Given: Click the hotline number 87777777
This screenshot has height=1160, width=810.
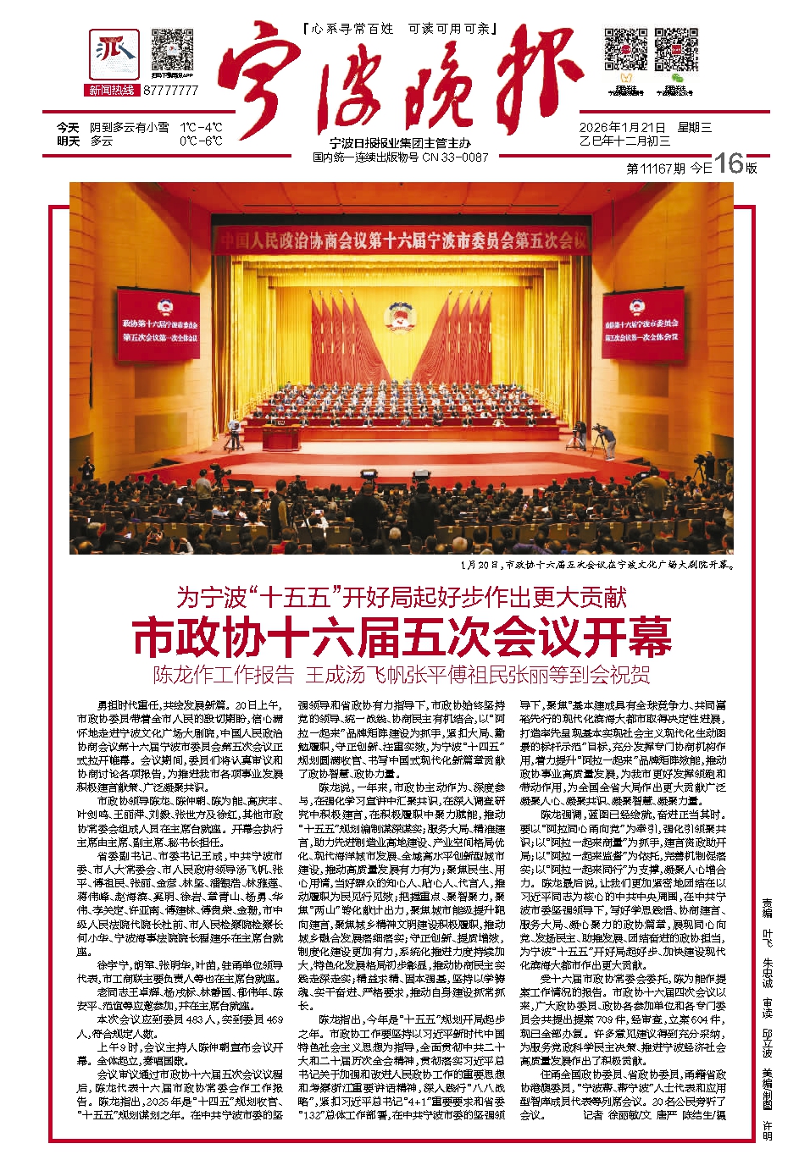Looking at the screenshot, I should (171, 90).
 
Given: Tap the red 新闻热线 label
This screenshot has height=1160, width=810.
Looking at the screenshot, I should (112, 90).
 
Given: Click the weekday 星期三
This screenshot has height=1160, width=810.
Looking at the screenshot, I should (694, 128).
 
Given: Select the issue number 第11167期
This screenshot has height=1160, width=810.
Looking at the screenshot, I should (656, 168).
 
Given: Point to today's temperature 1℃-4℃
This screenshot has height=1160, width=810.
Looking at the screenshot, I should (201, 128).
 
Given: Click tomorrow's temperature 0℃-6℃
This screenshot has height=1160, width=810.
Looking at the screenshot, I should (201, 141).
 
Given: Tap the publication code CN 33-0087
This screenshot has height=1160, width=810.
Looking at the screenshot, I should (455, 157).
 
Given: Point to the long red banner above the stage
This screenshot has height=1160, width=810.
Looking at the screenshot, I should (400, 240).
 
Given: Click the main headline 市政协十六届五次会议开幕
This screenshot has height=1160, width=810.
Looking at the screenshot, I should (402, 638).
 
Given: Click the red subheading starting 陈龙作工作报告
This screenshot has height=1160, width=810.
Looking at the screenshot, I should (402, 675).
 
